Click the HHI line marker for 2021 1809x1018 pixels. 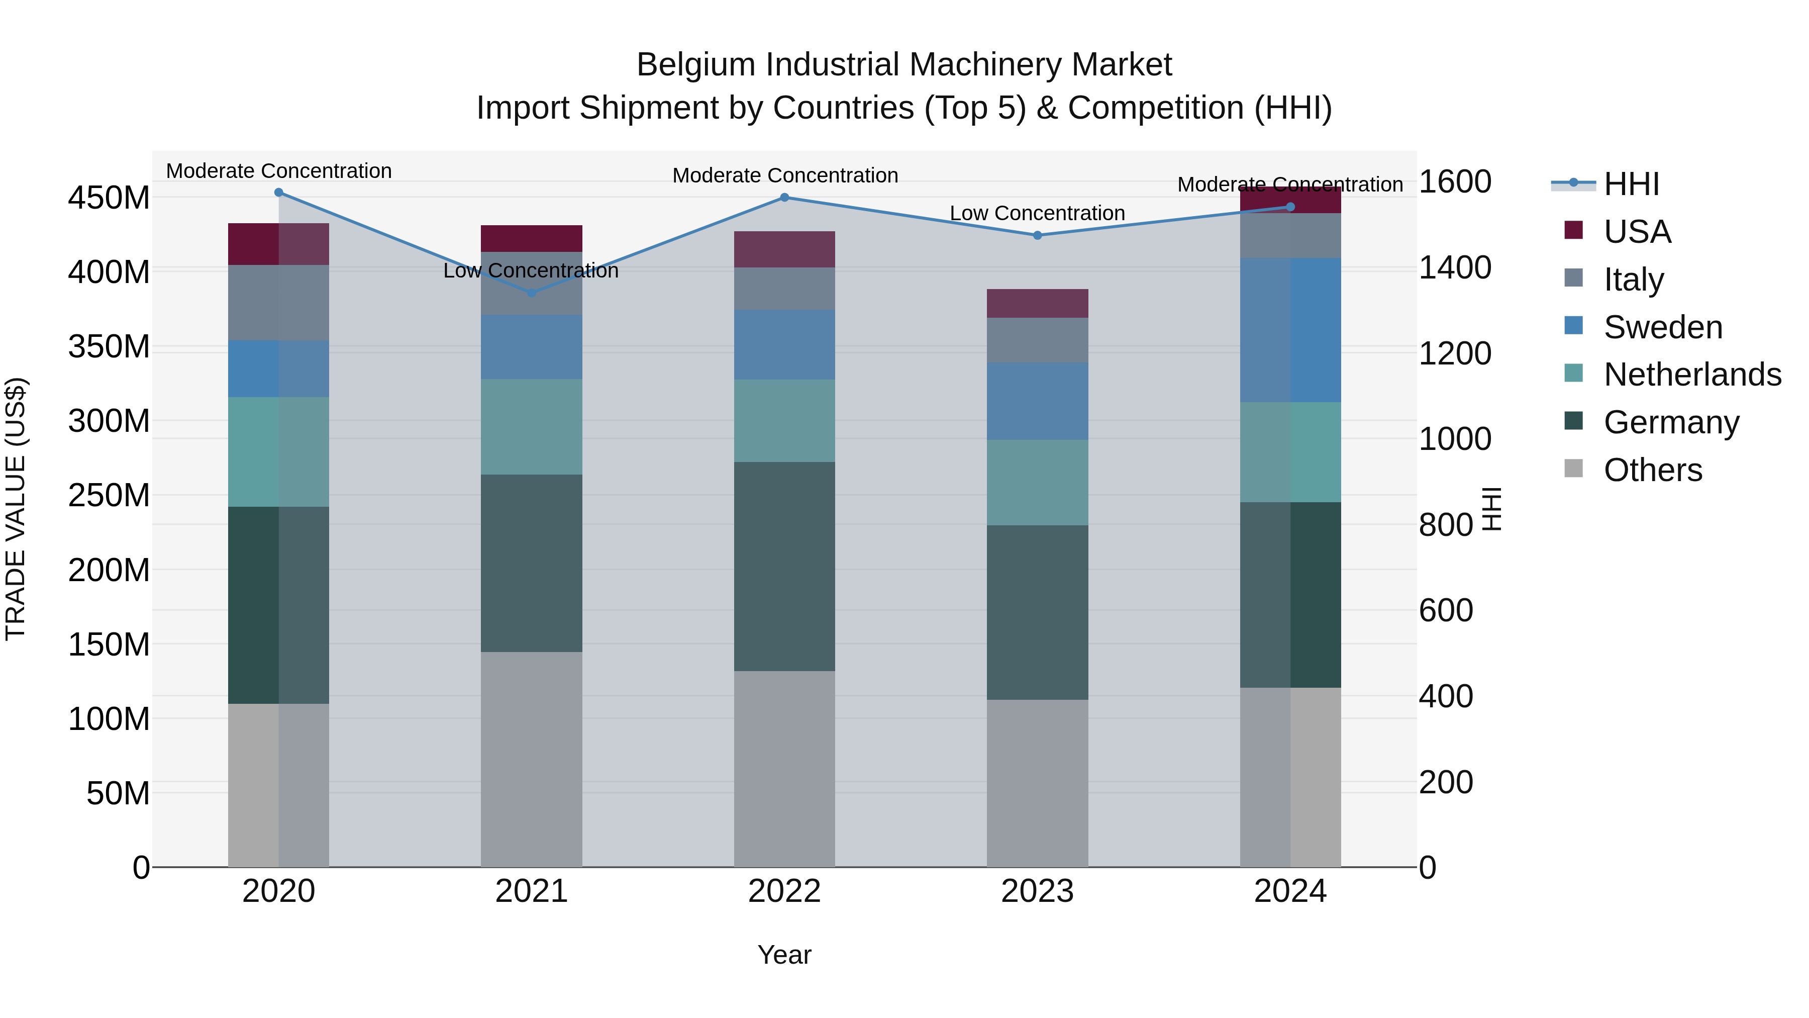[x=532, y=293]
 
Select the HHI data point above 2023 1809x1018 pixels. [x=1037, y=235]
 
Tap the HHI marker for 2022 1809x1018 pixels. [x=784, y=198]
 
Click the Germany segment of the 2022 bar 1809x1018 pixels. [x=784, y=566]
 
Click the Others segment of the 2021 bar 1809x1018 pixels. [x=532, y=759]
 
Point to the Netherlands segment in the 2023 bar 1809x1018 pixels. [x=1037, y=483]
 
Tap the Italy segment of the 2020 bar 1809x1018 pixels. [x=279, y=303]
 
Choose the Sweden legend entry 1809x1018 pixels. [x=1662, y=327]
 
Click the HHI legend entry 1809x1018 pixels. [x=1631, y=184]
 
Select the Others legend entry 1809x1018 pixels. [x=1652, y=470]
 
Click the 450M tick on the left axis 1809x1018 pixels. [x=109, y=198]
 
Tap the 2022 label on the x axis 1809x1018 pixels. [x=784, y=891]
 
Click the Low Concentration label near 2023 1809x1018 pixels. [x=1037, y=213]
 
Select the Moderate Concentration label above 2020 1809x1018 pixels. [x=279, y=171]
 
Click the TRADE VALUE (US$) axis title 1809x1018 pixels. [x=16, y=509]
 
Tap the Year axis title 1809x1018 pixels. [x=784, y=955]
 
